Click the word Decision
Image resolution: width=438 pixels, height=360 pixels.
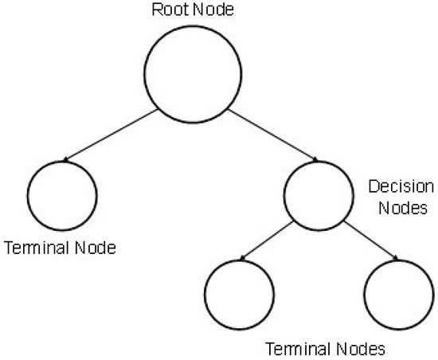tap(401, 189)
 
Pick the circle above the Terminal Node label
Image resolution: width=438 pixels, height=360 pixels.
tap(61, 195)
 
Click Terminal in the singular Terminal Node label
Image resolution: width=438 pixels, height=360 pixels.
tap(35, 248)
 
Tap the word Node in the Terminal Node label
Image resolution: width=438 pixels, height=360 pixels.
tap(96, 248)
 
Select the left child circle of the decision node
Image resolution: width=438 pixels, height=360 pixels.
tap(238, 294)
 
